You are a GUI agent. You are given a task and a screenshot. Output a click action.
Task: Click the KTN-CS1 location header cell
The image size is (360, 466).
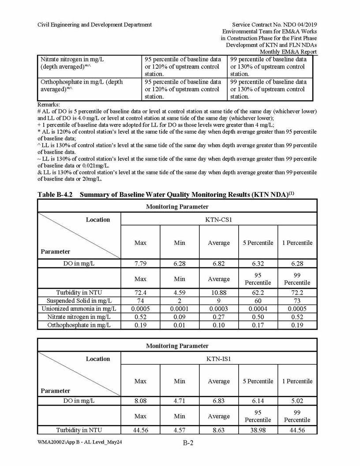pos(218,219)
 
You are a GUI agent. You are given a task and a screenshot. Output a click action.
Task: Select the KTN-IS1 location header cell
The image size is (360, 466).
pos(218,359)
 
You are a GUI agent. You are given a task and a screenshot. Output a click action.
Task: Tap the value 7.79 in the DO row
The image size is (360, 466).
pos(140,263)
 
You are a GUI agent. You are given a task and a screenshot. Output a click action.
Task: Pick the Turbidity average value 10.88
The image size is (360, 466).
pos(218,292)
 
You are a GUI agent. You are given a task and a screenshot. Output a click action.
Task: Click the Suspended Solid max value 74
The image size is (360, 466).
pos(140,301)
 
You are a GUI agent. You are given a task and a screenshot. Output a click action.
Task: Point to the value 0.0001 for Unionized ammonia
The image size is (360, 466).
pos(180,308)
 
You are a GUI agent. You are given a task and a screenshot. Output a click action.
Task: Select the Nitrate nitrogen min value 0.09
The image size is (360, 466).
pos(180,317)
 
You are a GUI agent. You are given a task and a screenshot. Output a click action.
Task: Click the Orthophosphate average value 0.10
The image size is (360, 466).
pos(218,325)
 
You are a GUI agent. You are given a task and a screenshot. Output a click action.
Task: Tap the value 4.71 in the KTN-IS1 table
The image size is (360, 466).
pos(180,401)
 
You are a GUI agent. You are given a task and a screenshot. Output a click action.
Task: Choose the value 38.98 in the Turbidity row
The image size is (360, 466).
pos(258,430)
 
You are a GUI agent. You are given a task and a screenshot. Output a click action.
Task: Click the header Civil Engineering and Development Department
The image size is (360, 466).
pos(94,25)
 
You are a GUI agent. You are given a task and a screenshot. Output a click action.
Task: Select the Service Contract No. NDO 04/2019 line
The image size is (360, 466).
pos(274,25)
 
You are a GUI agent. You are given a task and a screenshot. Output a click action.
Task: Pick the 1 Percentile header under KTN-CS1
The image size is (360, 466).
pos(297,243)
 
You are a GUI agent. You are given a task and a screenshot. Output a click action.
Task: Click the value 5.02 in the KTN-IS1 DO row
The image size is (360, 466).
pos(297,401)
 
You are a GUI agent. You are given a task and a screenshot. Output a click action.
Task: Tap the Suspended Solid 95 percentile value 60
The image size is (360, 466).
pos(258,301)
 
